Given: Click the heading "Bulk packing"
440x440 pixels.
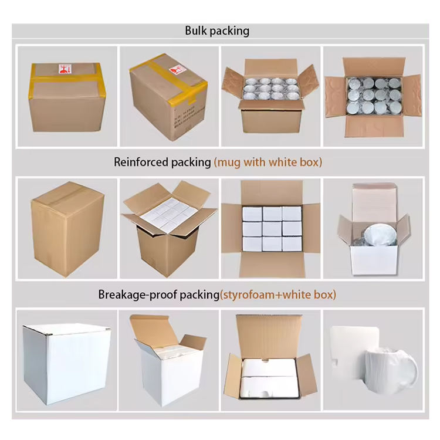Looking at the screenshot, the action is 217,31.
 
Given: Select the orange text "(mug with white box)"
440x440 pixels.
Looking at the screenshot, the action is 268,163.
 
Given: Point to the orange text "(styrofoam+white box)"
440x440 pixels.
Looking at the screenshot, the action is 278,295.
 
